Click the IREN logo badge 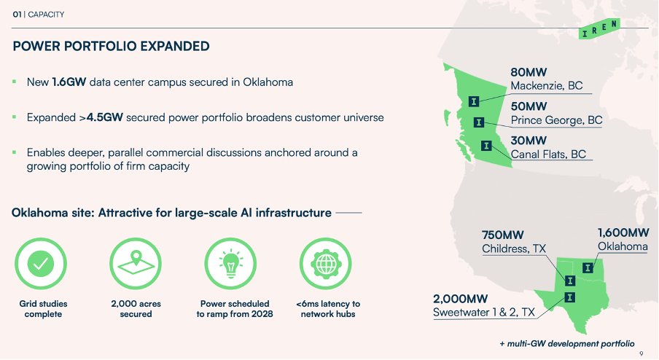599,28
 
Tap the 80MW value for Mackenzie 529,72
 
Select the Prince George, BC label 556,120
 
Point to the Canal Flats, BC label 548,154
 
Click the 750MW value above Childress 503,235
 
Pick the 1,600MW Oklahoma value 623,232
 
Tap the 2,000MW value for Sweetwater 460,299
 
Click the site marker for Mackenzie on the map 474,101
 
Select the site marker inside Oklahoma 588,267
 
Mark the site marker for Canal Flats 486,145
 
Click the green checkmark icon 41,264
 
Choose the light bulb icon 231,264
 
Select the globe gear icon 326,264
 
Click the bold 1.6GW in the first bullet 69,82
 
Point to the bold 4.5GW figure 105,117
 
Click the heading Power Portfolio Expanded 111,46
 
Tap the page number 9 641,353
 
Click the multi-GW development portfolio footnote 567,344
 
